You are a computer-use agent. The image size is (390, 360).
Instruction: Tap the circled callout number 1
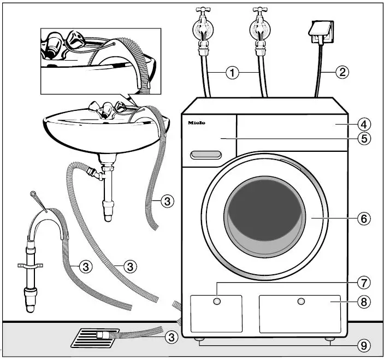pos(233,72)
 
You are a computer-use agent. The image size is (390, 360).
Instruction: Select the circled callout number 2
pos(342,72)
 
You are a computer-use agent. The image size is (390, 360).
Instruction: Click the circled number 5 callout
pos(364,138)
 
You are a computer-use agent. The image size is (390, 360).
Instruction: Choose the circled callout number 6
pos(364,219)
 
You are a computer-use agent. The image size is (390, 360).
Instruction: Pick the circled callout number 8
pos(364,300)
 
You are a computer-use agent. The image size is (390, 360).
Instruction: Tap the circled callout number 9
pos(364,345)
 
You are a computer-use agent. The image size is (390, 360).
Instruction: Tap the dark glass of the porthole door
pos(264,216)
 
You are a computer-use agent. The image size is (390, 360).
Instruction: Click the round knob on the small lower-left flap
pos(217,302)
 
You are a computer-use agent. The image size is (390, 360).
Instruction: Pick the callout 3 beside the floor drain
pos(172,338)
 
